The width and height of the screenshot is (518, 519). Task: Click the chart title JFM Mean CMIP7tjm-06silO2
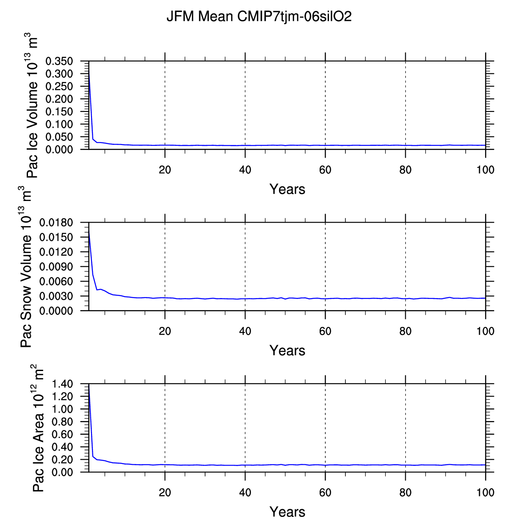click(259, 17)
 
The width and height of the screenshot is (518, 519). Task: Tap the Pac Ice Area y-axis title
click(39, 428)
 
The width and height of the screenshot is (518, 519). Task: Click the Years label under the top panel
click(287, 189)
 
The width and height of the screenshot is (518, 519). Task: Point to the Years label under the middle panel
click(287, 351)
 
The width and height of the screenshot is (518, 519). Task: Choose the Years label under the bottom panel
click(287, 512)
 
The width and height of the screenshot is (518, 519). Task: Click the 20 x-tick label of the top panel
click(165, 170)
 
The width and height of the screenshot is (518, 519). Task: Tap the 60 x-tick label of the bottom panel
click(325, 492)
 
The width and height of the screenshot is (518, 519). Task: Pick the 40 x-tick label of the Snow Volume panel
click(245, 331)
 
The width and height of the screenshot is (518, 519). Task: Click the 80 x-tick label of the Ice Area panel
click(406, 492)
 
